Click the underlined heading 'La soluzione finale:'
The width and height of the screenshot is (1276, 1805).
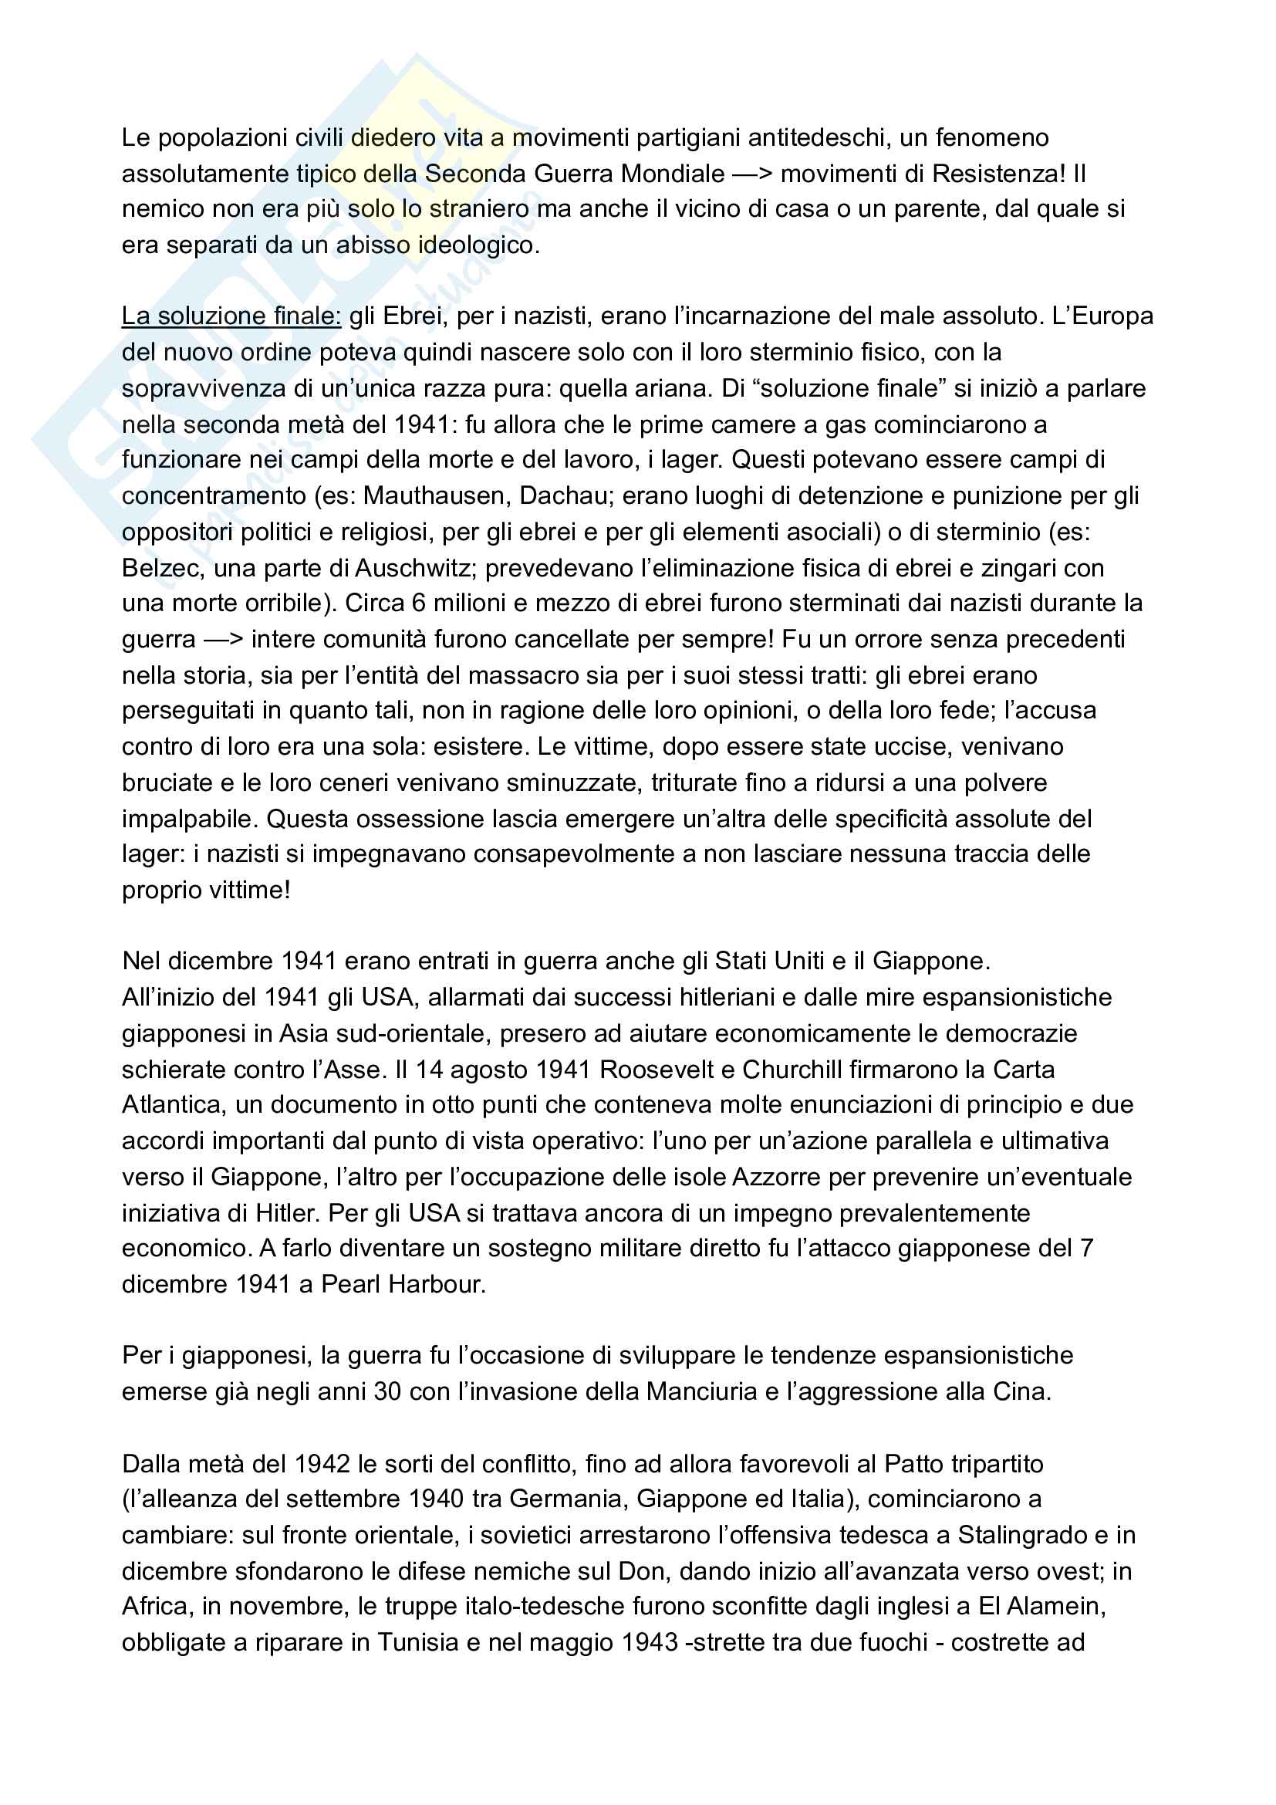[231, 316]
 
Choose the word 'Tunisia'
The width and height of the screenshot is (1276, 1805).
[407, 1642]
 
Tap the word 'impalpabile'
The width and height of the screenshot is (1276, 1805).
[189, 820]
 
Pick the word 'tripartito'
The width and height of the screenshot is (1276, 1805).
[997, 1464]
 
